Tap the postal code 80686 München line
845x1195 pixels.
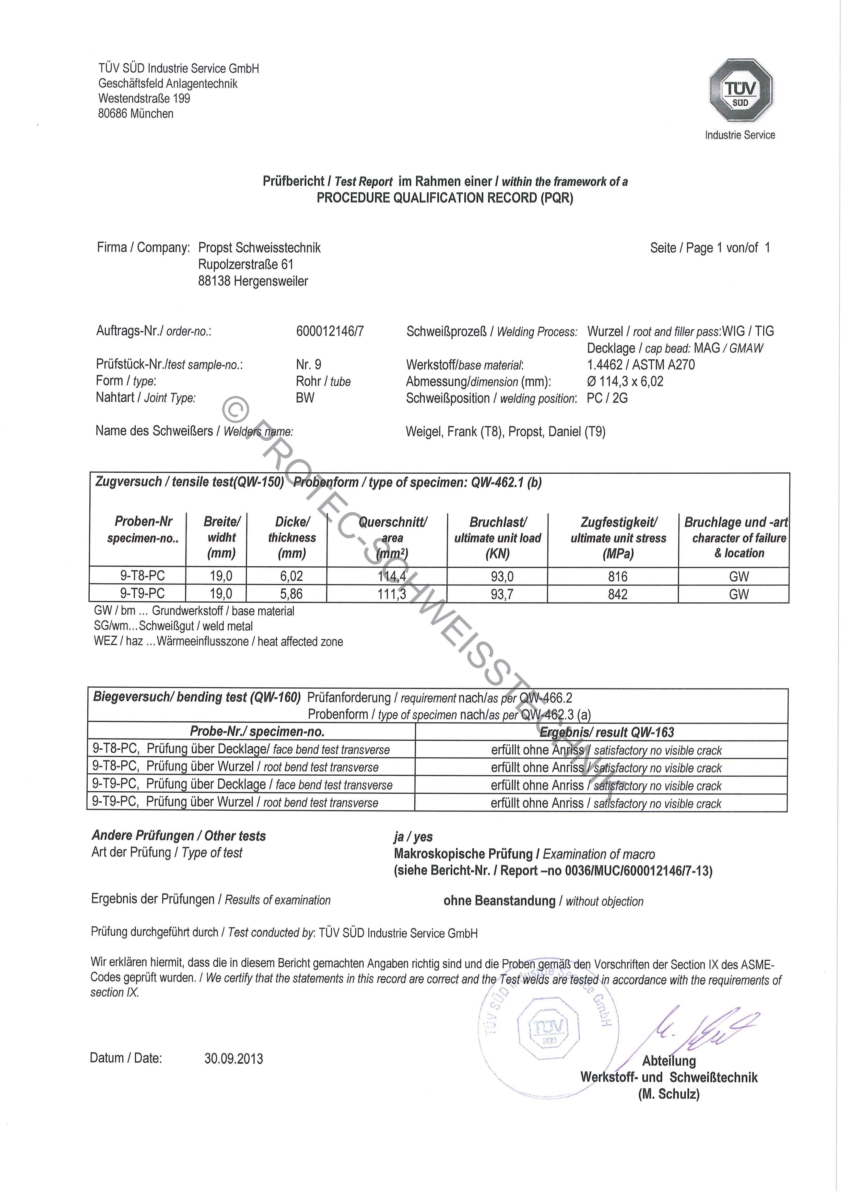pyautogui.click(x=136, y=113)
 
